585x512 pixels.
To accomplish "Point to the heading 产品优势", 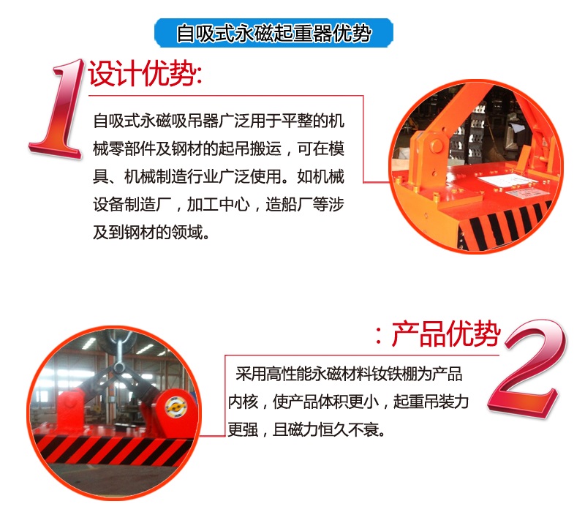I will click(x=445, y=335).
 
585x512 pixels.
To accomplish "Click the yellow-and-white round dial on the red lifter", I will click(x=175, y=407).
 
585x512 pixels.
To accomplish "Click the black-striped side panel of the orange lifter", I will click(x=504, y=222).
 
